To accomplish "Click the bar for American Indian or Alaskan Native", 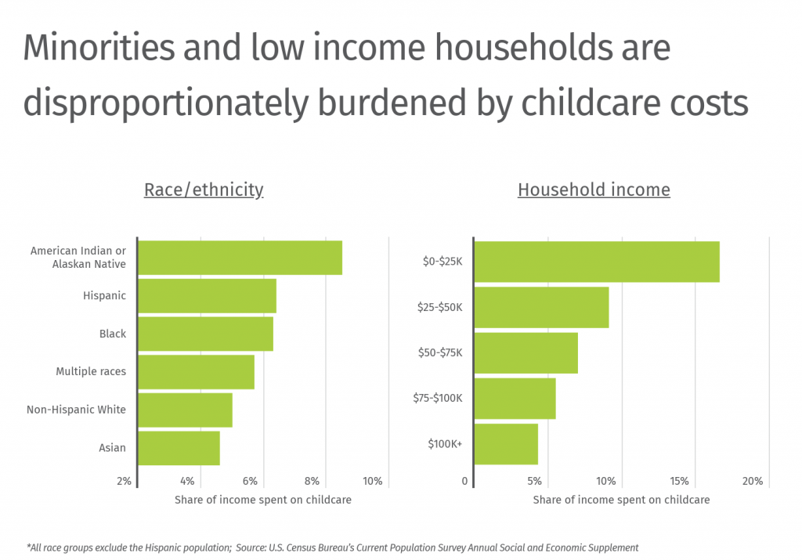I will (240, 258).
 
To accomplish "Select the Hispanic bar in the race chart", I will (207, 296).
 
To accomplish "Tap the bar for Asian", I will (179, 448).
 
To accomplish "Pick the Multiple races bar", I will (196, 372).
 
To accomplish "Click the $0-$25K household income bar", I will (596, 262).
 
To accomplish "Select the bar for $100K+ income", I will (506, 444).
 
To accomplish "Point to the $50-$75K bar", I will (526, 352).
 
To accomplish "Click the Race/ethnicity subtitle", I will (204, 190).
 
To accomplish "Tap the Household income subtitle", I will (594, 190).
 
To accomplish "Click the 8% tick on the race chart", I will (312, 481).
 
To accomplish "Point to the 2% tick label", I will (125, 481).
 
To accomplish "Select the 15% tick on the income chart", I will (679, 481).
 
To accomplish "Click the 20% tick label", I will (752, 481).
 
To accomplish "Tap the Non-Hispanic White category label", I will (76, 410).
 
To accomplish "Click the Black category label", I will (113, 334).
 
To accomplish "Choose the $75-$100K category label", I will (438, 398).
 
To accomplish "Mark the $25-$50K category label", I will (439, 307).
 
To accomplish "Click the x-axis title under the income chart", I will (621, 500).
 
